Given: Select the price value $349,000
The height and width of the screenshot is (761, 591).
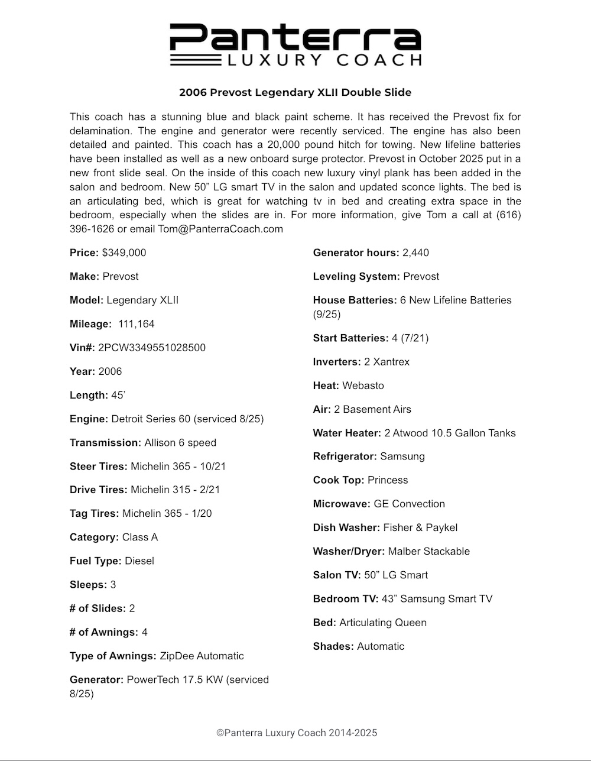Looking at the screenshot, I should click(x=124, y=253).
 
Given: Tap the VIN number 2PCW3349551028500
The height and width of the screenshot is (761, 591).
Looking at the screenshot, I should click(x=152, y=348).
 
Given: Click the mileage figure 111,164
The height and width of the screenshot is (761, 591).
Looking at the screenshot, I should click(x=136, y=324).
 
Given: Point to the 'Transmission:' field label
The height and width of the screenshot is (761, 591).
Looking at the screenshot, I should click(x=105, y=443).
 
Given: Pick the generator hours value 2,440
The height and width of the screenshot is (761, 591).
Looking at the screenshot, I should click(x=415, y=253).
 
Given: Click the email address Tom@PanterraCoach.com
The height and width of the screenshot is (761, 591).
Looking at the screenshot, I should click(x=220, y=229).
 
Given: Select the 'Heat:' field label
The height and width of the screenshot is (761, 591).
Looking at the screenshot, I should click(x=326, y=386).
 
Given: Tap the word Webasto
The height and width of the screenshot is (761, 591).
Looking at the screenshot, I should click(x=363, y=386).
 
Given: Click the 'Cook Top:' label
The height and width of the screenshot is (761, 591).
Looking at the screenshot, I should click(x=339, y=480).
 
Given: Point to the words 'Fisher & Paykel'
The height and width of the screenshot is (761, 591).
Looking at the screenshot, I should click(x=420, y=527).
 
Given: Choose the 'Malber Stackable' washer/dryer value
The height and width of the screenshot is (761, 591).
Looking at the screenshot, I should click(x=428, y=551).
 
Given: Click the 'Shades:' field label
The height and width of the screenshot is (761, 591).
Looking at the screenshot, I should click(x=333, y=646).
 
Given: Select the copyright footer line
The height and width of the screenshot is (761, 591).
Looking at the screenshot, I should click(x=296, y=733).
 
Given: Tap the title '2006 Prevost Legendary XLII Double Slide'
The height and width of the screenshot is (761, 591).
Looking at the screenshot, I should click(x=295, y=93).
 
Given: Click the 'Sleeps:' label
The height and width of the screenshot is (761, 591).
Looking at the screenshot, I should click(x=88, y=585).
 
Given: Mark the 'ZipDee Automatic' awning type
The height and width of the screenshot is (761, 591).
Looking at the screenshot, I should click(x=202, y=656).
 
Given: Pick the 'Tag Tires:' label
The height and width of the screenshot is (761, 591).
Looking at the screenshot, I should click(x=94, y=514).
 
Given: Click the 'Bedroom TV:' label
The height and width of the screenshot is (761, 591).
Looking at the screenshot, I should click(x=345, y=599).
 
